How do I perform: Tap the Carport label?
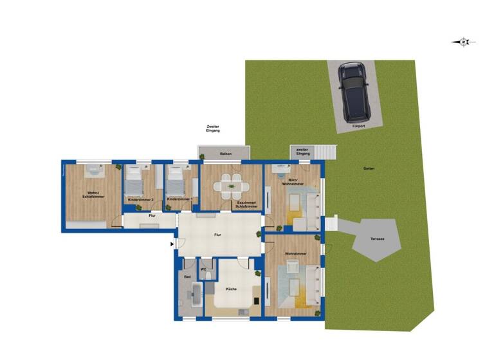pyautogui.click(x=358, y=127)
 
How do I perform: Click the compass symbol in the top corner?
pyautogui.click(x=463, y=42)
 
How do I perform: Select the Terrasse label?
pyautogui.click(x=377, y=239)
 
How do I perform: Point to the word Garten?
pyautogui.click(x=369, y=168)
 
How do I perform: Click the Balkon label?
pyautogui.click(x=225, y=154)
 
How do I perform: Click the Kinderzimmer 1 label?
pyautogui.click(x=178, y=199)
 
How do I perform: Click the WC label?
pyautogui.click(x=203, y=269)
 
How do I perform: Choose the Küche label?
pyautogui.click(x=231, y=289)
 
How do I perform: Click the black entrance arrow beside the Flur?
pyautogui.click(x=171, y=244)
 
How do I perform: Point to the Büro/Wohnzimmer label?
pyautogui.click(x=293, y=182)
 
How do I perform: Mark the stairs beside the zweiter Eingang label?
pyautogui.click(x=325, y=152)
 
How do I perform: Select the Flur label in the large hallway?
pyautogui.click(x=218, y=236)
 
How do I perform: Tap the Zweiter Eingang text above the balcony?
pyautogui.click(x=213, y=129)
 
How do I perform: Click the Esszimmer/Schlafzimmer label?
pyautogui.click(x=246, y=205)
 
